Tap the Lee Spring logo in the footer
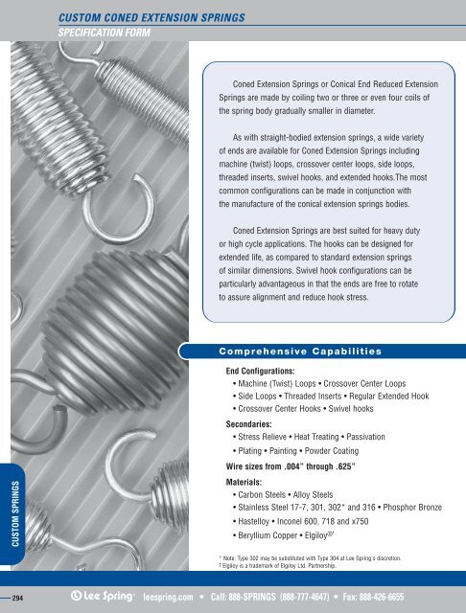[103, 595]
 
